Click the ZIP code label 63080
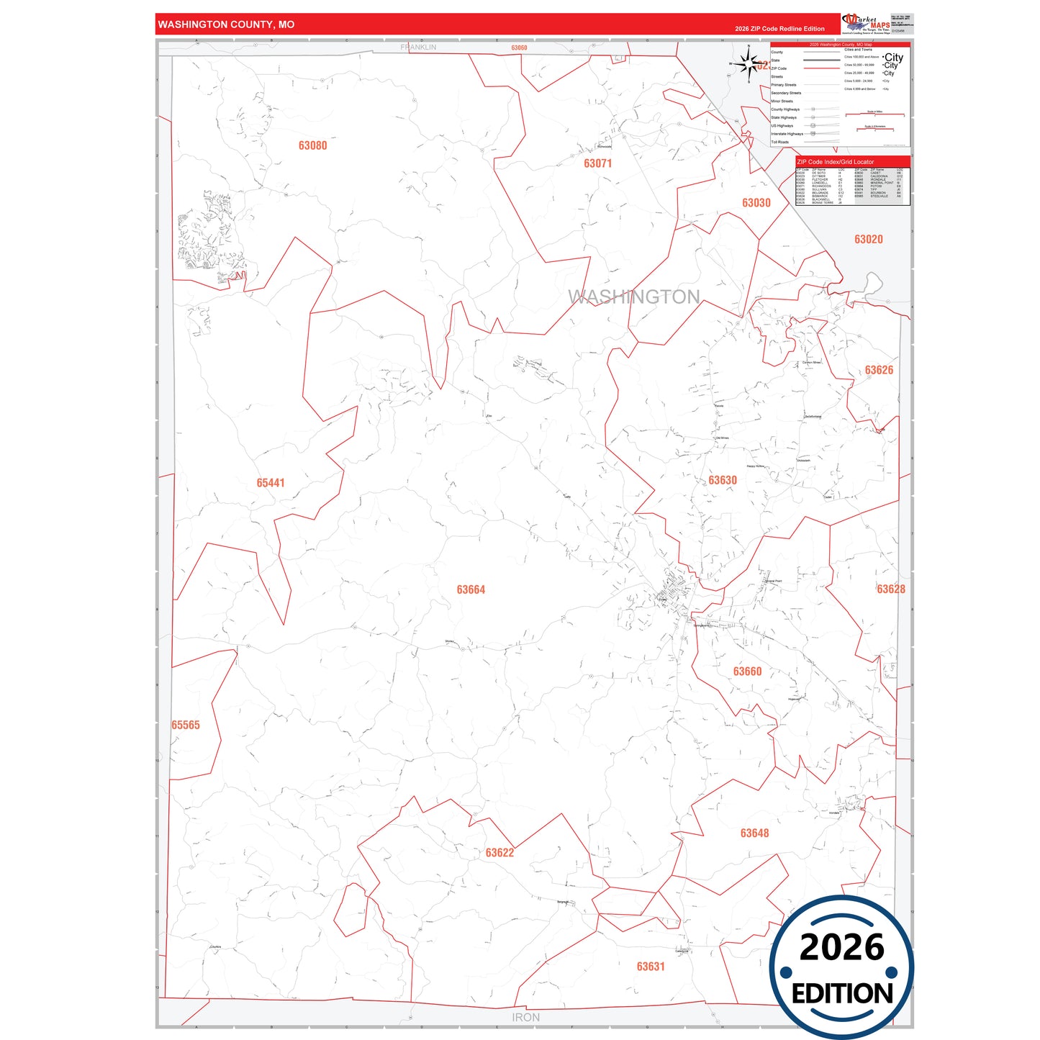(312, 145)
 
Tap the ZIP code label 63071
(597, 163)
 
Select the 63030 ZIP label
(756, 203)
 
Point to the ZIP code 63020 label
(868, 239)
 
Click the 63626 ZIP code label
(879, 370)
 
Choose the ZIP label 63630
(722, 480)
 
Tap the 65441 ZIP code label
(271, 483)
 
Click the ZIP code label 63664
(471, 589)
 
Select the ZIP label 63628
(890, 589)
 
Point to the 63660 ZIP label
(747, 672)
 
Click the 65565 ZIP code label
(186, 725)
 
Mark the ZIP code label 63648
(754, 833)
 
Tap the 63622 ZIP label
(499, 853)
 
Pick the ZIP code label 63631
(651, 967)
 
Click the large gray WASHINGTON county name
(633, 297)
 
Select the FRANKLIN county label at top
(418, 48)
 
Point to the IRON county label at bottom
(525, 1017)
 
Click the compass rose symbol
(749, 65)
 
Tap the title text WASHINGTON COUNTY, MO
(226, 24)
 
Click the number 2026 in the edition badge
(841, 947)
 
